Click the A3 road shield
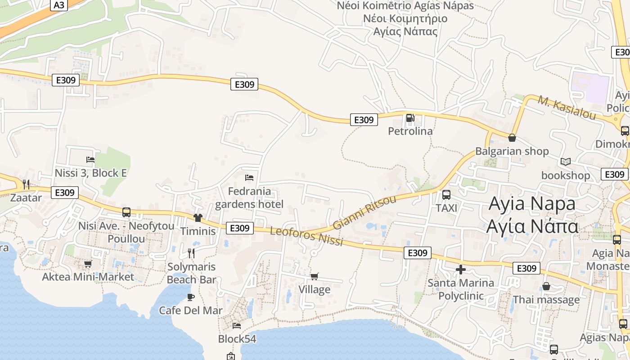tap(58, 5)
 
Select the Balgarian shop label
tap(512, 151)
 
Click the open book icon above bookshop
tap(566, 162)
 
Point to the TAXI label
tap(446, 208)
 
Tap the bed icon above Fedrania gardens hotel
tap(249, 178)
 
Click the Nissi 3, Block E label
tap(90, 173)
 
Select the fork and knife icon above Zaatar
tap(26, 184)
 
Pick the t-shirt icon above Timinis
tap(198, 218)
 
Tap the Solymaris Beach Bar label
tap(192, 273)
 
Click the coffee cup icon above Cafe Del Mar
tap(190, 297)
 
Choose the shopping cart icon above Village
tap(314, 276)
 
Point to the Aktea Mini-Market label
tap(88, 277)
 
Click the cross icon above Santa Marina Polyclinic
tap(461, 270)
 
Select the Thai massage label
tap(546, 300)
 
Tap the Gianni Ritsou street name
tap(364, 212)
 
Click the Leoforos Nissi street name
tap(306, 236)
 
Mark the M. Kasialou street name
tap(567, 108)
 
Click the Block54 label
tap(237, 338)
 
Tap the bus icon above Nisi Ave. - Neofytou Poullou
tap(126, 212)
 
